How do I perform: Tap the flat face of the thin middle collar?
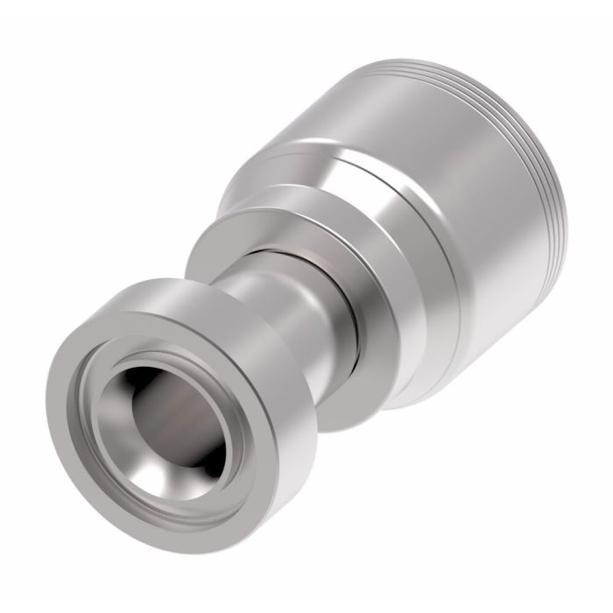pos(219,254)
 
